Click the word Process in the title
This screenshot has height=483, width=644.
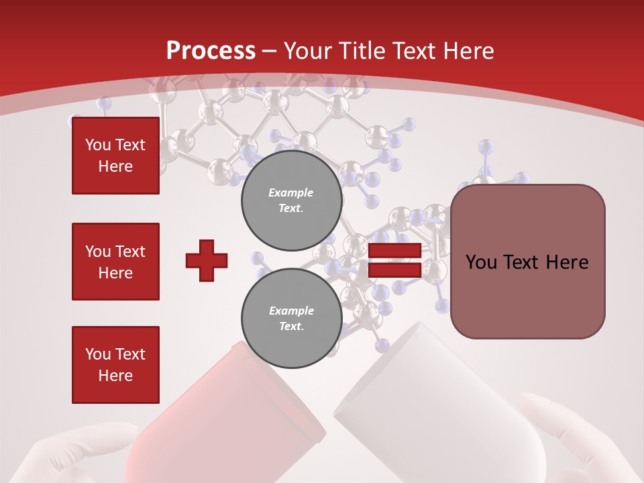click(x=211, y=50)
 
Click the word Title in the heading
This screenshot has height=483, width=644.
click(x=357, y=50)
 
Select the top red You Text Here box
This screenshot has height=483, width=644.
click(x=115, y=156)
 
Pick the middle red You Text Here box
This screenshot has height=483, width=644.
click(x=115, y=262)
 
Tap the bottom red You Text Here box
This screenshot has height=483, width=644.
click(x=115, y=365)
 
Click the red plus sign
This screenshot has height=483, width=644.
click(x=207, y=260)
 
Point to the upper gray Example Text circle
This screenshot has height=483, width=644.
click(x=291, y=200)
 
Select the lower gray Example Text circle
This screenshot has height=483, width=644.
click(x=291, y=318)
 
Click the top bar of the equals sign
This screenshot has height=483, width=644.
click(x=394, y=251)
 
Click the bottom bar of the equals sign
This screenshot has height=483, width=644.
click(x=394, y=270)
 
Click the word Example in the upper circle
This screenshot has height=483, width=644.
click(x=291, y=193)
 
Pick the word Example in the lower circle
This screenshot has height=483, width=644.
click(x=291, y=311)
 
